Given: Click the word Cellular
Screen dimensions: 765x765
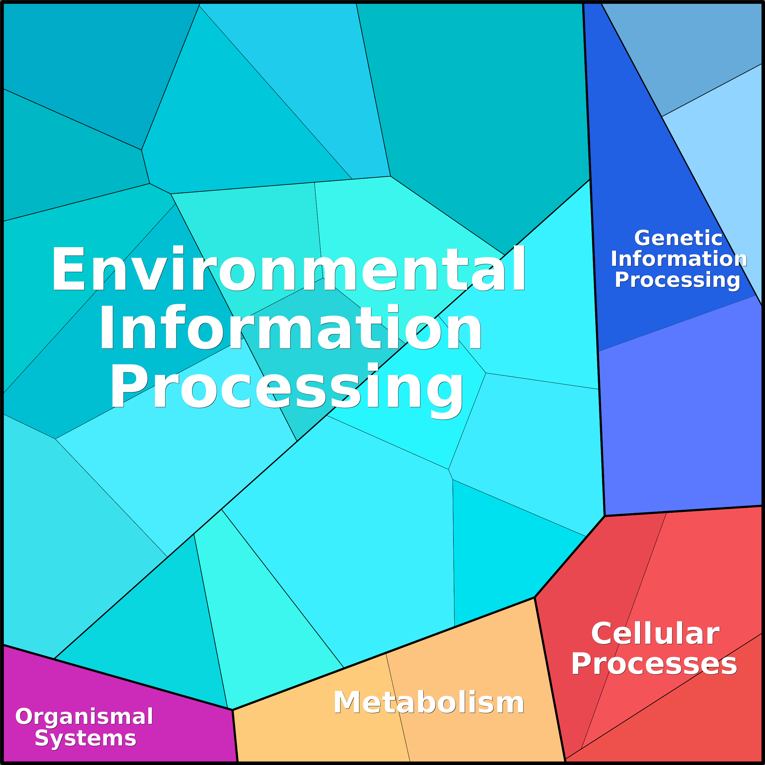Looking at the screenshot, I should pos(655,634).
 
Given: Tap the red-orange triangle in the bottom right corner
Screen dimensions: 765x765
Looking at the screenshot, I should pos(713,728).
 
